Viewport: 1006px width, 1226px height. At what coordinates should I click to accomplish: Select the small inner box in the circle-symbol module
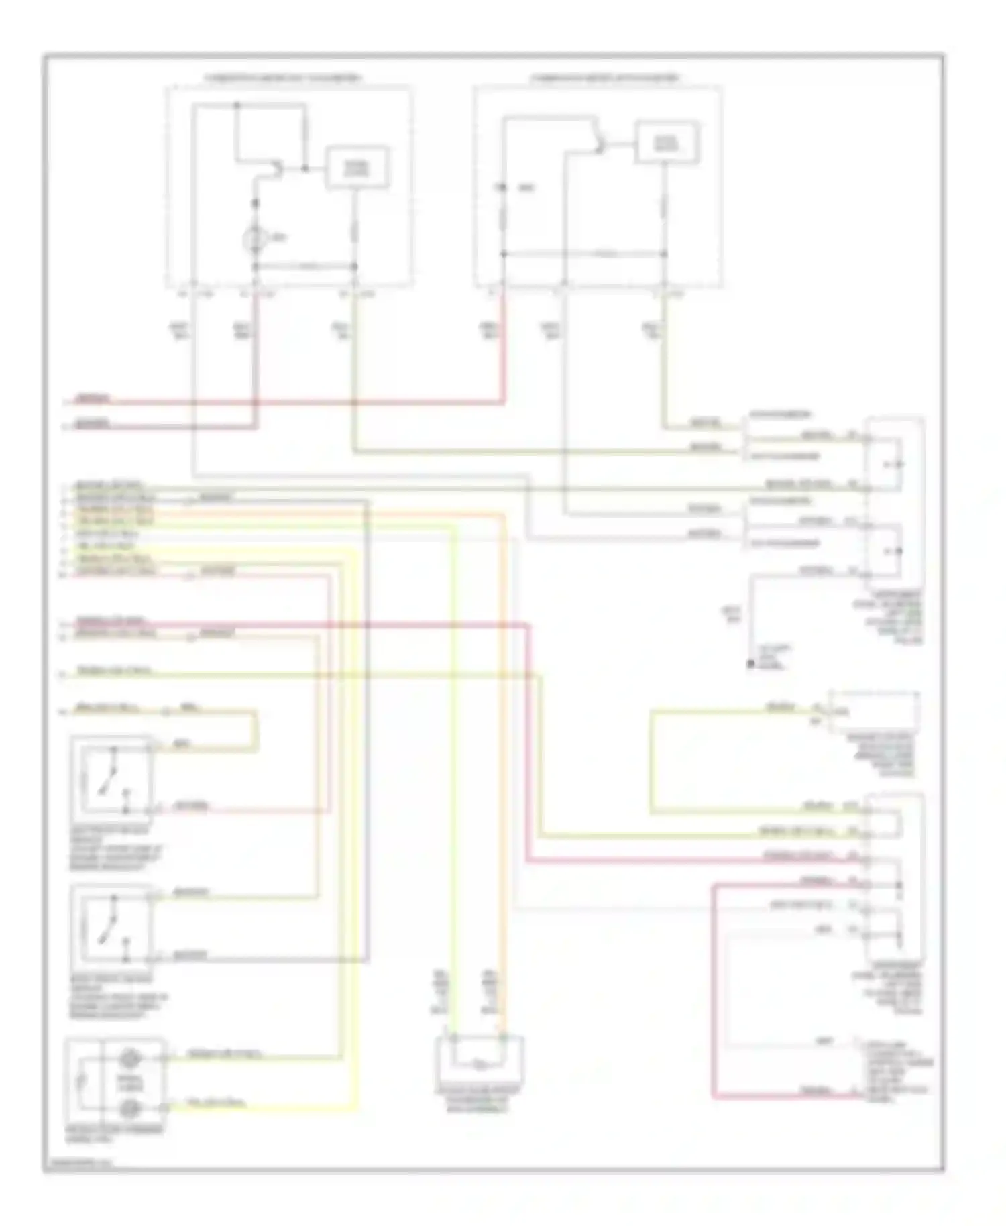click(x=357, y=166)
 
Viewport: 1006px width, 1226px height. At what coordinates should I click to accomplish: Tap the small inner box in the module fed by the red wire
click(x=667, y=142)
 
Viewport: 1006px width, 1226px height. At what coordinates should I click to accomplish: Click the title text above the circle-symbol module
click(x=282, y=78)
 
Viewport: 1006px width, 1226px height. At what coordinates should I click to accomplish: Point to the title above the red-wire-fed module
click(x=604, y=78)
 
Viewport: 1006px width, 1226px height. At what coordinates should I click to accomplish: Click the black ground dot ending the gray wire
click(x=751, y=664)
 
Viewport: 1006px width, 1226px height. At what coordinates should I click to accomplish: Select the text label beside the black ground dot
click(x=771, y=657)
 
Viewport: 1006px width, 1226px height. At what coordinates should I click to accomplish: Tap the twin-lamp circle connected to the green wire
click(x=129, y=1059)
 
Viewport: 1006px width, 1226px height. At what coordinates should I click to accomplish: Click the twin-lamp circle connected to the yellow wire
click(x=129, y=1107)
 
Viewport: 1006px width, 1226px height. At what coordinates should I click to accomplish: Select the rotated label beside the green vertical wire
click(x=441, y=991)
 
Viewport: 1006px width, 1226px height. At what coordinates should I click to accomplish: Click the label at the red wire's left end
click(x=92, y=400)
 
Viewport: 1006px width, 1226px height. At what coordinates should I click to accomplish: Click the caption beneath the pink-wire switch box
click(x=115, y=848)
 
